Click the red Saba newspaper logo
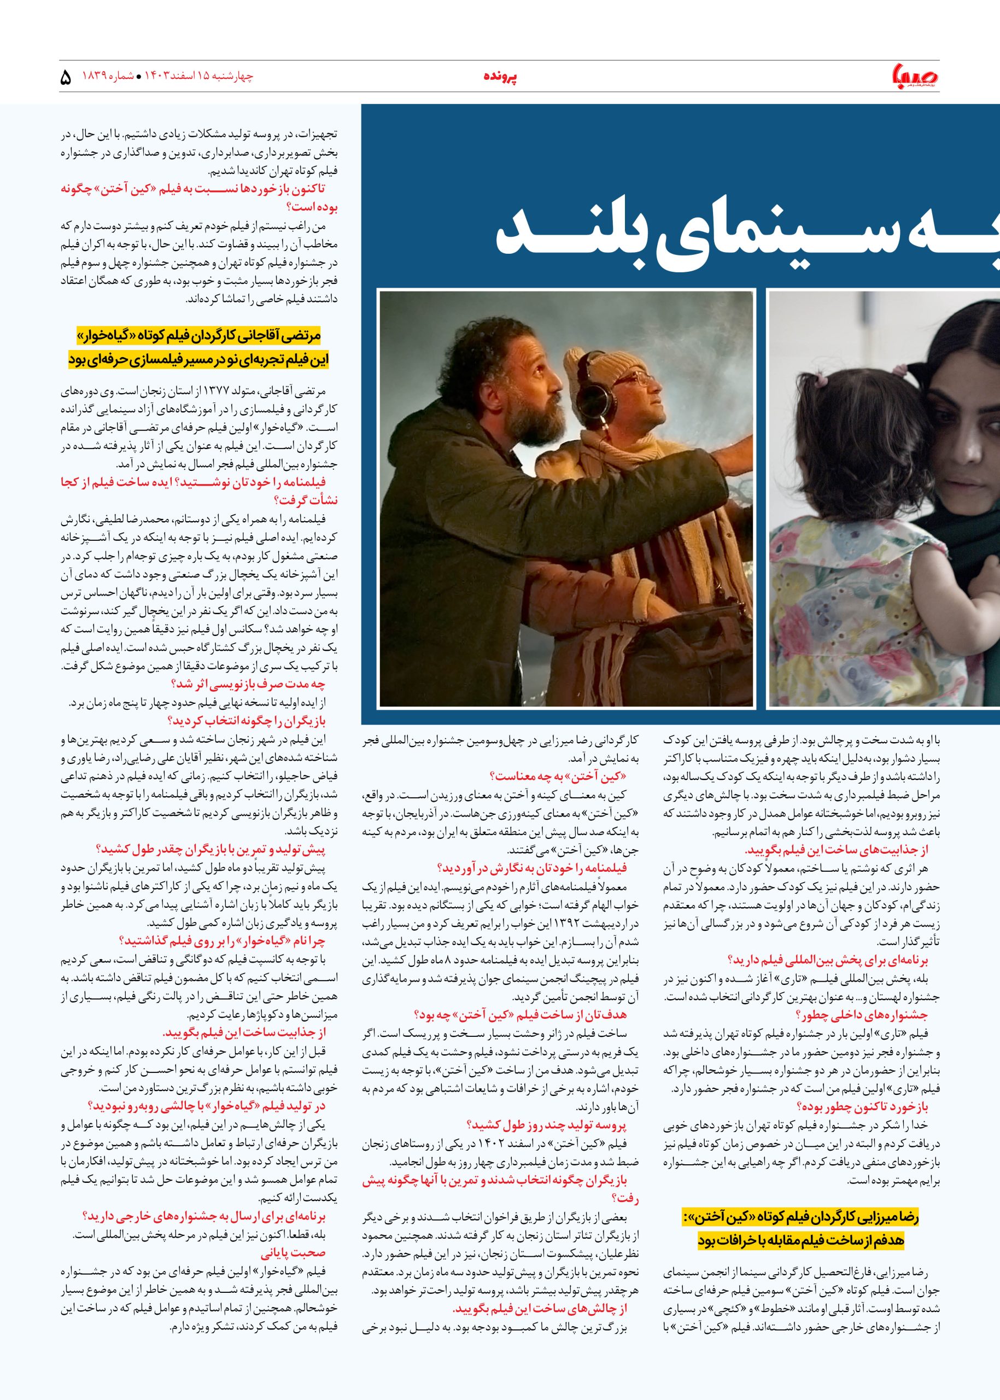click(x=917, y=77)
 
